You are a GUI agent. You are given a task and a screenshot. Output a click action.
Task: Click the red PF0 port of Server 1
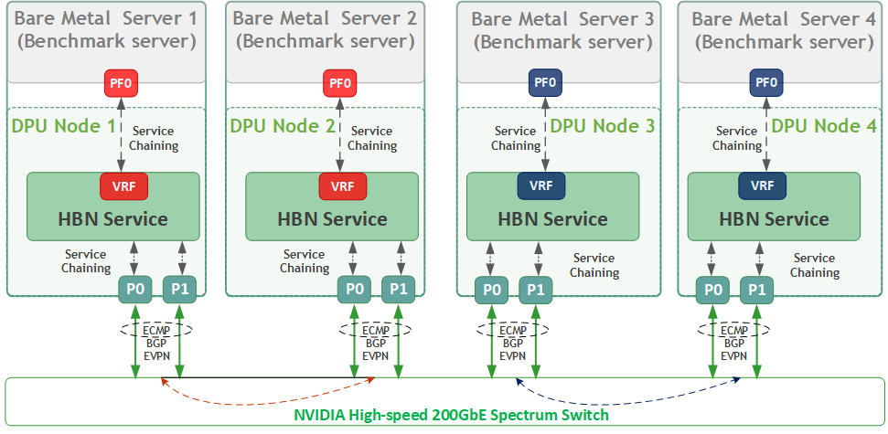click(121, 82)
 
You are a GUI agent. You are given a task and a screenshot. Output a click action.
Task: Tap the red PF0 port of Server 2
click(340, 82)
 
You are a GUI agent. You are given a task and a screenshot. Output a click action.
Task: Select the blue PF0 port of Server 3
click(544, 82)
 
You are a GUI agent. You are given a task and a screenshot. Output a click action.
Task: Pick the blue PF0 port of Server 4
click(766, 82)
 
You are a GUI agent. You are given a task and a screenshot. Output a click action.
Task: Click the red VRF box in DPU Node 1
click(123, 186)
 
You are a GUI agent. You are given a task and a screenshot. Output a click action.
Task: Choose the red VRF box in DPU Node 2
click(343, 186)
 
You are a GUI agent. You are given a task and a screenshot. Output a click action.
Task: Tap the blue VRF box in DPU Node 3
click(541, 186)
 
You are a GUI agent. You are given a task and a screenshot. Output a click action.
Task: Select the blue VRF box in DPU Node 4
click(763, 186)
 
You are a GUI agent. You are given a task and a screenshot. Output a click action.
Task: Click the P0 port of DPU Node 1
click(134, 289)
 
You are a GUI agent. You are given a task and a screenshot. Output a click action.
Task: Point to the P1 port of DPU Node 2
click(398, 289)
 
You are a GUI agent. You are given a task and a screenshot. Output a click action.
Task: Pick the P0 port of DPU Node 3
click(491, 289)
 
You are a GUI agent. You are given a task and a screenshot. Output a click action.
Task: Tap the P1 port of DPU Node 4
click(756, 289)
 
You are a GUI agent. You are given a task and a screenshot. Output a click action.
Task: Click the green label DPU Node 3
click(603, 125)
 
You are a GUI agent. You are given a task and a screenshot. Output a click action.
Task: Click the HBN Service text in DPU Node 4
click(774, 219)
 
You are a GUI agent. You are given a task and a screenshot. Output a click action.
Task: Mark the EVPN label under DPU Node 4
click(734, 356)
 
